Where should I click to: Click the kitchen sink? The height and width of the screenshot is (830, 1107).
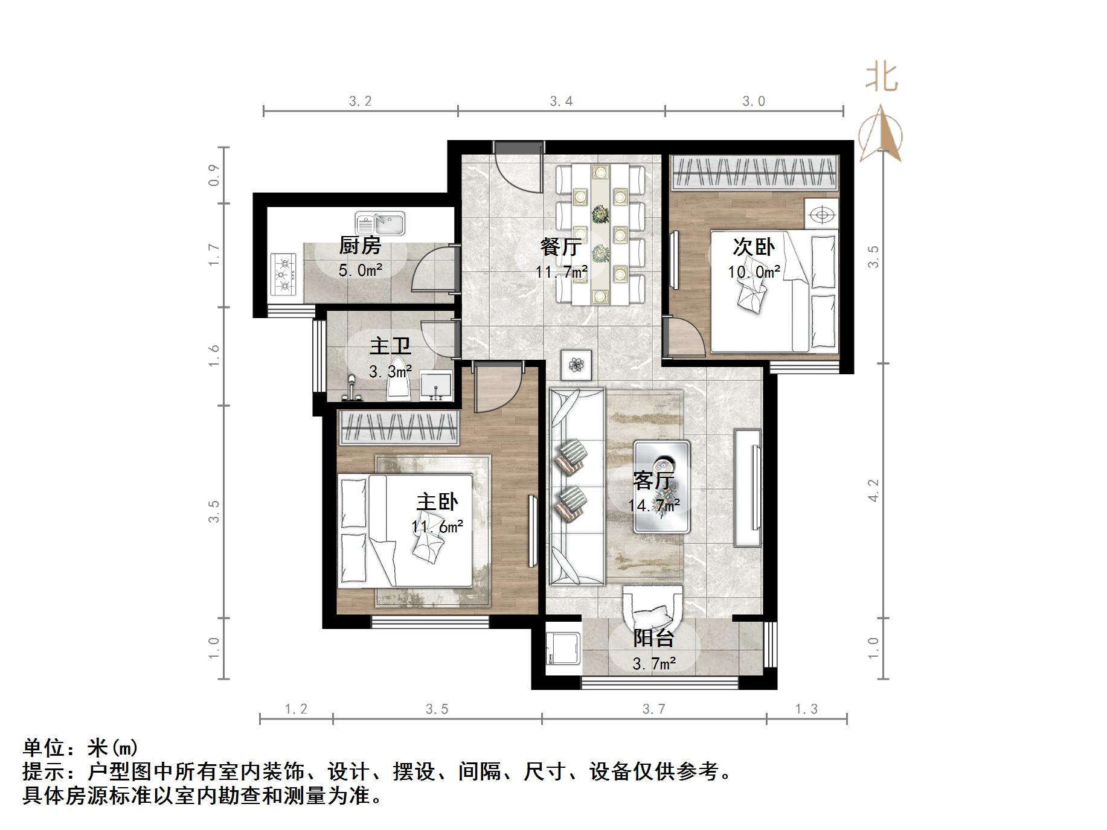[x=380, y=223]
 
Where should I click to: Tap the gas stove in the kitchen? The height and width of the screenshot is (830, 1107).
[x=283, y=275]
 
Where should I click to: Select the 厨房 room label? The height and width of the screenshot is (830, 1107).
[x=360, y=246]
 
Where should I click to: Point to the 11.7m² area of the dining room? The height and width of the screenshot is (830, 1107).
[x=561, y=272]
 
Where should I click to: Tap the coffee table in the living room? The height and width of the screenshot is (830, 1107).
[x=662, y=486]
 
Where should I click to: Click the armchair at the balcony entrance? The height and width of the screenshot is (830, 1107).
[x=652, y=610]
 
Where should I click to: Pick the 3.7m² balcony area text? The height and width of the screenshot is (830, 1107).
[x=654, y=664]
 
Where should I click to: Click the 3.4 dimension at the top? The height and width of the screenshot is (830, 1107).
[x=561, y=101]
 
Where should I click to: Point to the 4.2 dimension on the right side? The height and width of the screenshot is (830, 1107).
[x=873, y=490]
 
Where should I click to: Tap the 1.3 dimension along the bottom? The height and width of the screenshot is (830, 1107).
[x=806, y=709]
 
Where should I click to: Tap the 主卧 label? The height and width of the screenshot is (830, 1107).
[x=437, y=502]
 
